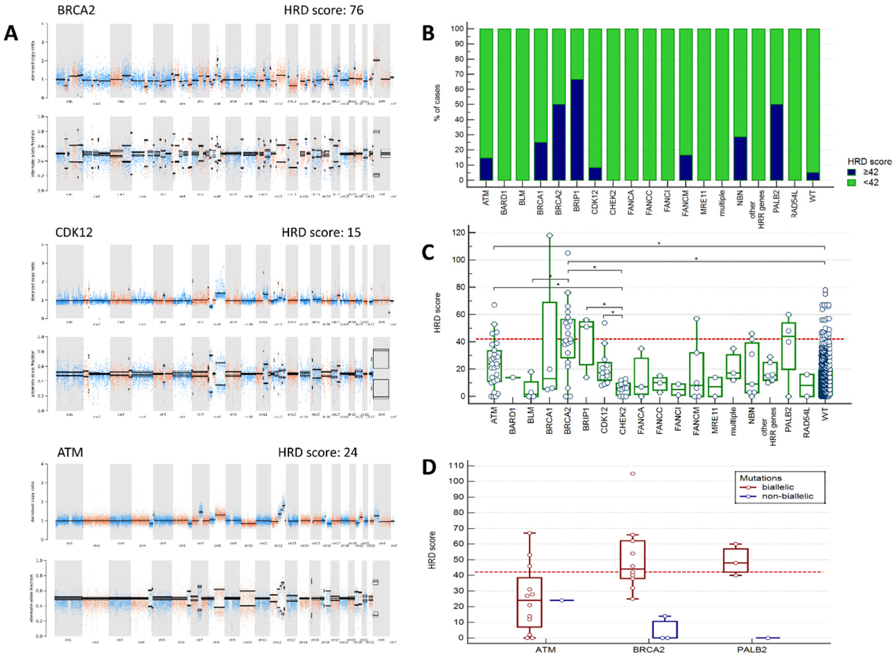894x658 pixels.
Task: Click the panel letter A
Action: [11, 33]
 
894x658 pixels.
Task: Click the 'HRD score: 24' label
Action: [318, 452]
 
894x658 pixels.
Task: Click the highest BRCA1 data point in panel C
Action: [549, 236]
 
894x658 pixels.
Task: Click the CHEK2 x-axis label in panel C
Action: [623, 422]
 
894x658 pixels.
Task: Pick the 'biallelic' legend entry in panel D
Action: [777, 487]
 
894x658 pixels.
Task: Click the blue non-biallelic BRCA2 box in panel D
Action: [665, 629]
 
